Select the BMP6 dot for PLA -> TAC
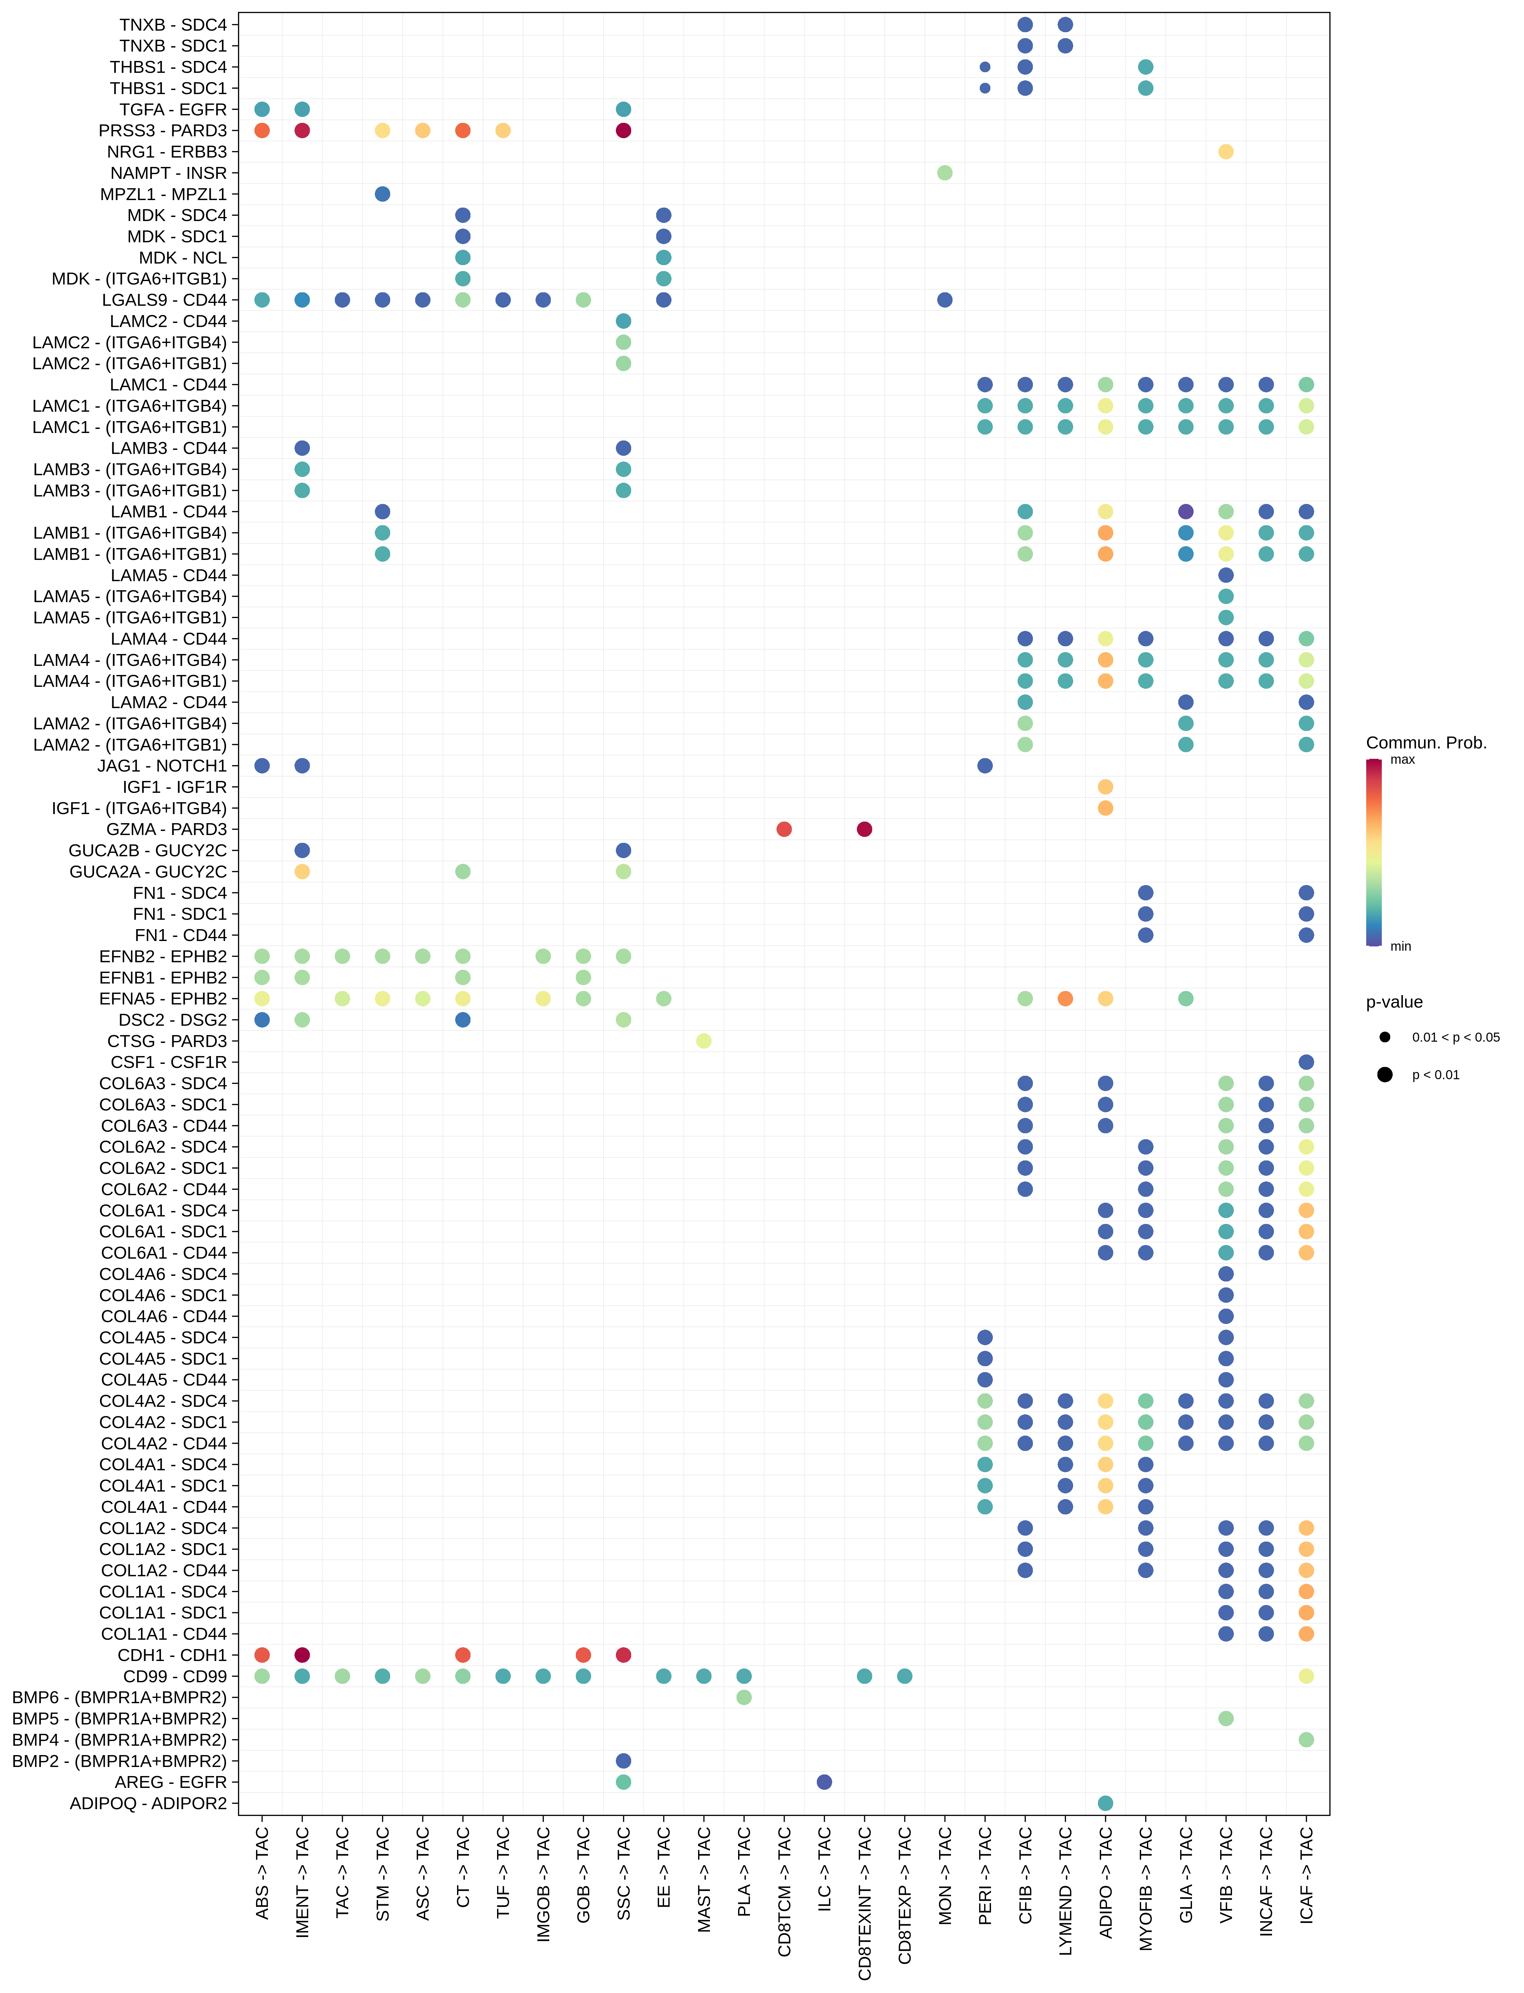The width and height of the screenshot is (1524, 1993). click(744, 1697)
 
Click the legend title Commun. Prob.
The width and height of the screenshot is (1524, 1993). click(1426, 743)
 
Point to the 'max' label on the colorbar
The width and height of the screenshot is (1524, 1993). click(1402, 760)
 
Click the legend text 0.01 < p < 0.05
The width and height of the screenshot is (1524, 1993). click(1455, 1038)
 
